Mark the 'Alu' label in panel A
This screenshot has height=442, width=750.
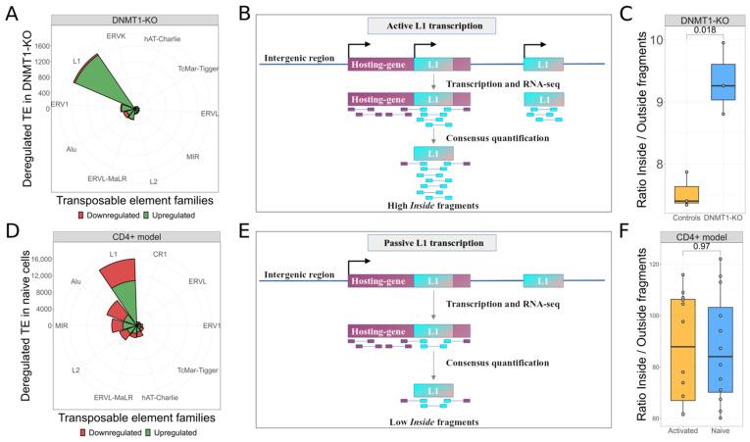click(x=72, y=149)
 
